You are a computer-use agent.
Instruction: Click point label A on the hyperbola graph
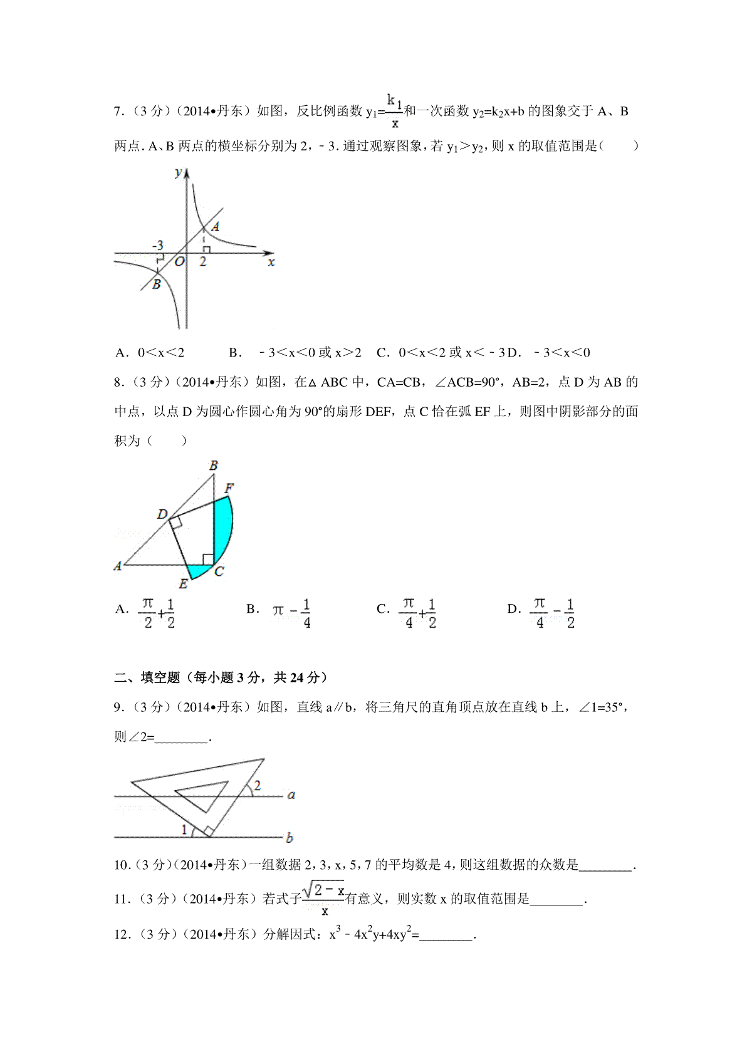pos(215,227)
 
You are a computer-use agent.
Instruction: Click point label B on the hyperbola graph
pos(156,284)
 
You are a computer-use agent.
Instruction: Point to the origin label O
pos(179,262)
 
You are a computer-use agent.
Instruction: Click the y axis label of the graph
pos(179,172)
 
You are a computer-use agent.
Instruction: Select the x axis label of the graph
pos(271,262)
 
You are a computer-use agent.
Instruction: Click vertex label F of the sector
pos(229,488)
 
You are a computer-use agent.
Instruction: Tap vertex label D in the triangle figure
pos(162,514)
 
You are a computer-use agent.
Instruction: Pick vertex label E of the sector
pos(183,584)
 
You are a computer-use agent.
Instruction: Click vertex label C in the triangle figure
pos(219,571)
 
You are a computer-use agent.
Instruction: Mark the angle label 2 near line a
pos(257,785)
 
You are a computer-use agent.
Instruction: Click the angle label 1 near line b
pos(184,830)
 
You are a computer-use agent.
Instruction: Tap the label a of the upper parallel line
pos(291,795)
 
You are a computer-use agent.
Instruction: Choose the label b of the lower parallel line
pos(290,837)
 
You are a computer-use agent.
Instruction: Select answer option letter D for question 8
pos(513,608)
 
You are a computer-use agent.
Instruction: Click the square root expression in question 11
pos(323,890)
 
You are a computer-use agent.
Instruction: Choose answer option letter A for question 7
pos(121,353)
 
